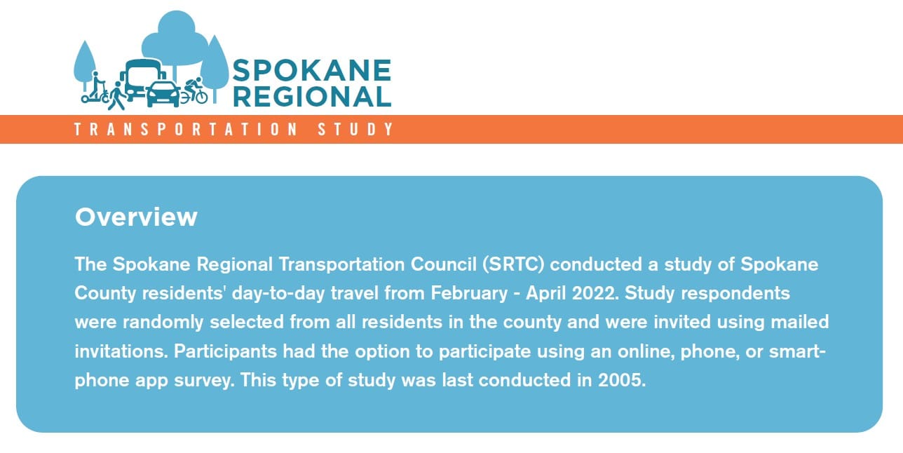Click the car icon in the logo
[163, 93]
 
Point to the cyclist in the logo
[193, 91]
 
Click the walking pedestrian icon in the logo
[116, 95]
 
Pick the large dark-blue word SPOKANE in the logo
[311, 71]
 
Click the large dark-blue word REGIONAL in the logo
[311, 97]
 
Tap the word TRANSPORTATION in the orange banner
[185, 130]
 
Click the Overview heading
[136, 217]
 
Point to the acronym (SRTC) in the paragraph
[515, 265]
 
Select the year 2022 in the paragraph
[594, 293]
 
